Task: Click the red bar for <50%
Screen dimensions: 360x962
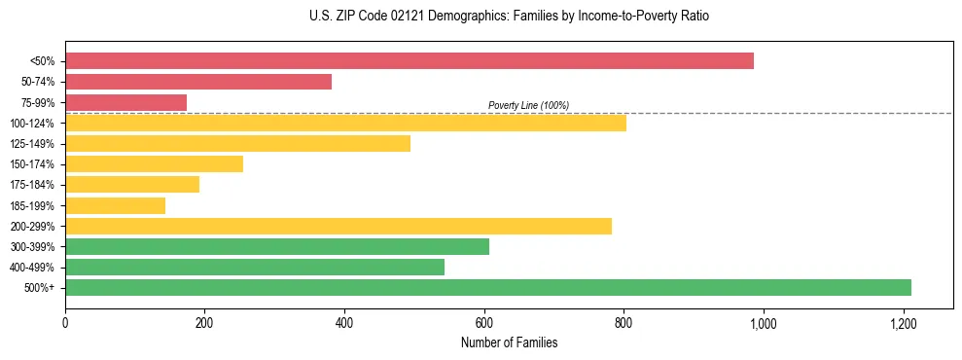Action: [409, 61]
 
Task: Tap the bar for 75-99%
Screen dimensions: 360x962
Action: [125, 102]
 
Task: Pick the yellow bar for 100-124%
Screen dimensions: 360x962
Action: [345, 124]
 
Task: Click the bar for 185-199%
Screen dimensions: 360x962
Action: [115, 205]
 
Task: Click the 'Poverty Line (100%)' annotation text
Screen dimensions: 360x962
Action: [528, 105]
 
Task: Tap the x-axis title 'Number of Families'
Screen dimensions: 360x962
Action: [509, 342]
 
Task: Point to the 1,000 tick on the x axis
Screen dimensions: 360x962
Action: [764, 322]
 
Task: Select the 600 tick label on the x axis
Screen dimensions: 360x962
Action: [484, 322]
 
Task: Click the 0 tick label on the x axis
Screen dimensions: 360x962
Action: [65, 322]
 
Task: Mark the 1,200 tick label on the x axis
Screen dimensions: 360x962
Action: [903, 322]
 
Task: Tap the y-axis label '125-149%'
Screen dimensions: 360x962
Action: [32, 144]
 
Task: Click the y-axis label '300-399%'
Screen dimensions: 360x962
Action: [32, 247]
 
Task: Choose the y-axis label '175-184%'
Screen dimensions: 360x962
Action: [32, 185]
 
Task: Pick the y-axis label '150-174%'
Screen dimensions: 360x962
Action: [32, 164]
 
